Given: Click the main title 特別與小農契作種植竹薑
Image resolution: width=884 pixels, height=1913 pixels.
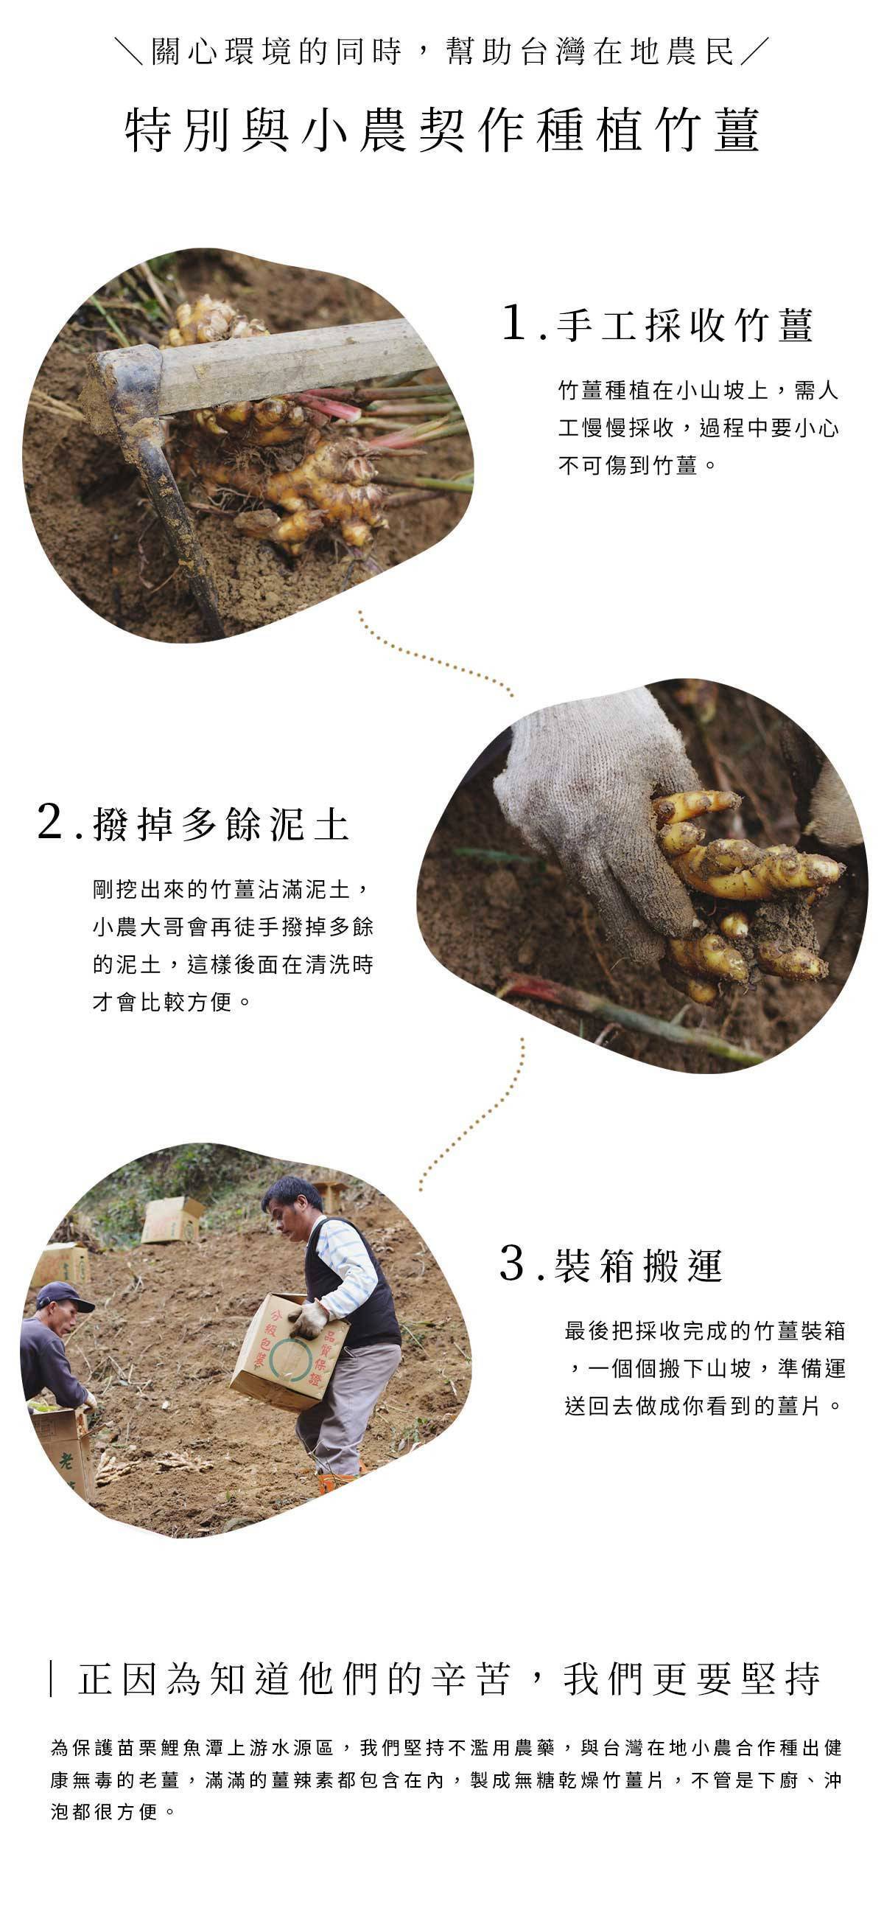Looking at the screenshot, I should (443, 130).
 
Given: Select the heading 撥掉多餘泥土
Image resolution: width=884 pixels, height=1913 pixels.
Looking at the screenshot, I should (221, 824).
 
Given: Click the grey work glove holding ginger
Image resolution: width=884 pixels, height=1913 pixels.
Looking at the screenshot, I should (586, 802).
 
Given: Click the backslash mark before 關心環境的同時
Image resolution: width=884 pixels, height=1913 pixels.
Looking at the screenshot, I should (130, 52).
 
